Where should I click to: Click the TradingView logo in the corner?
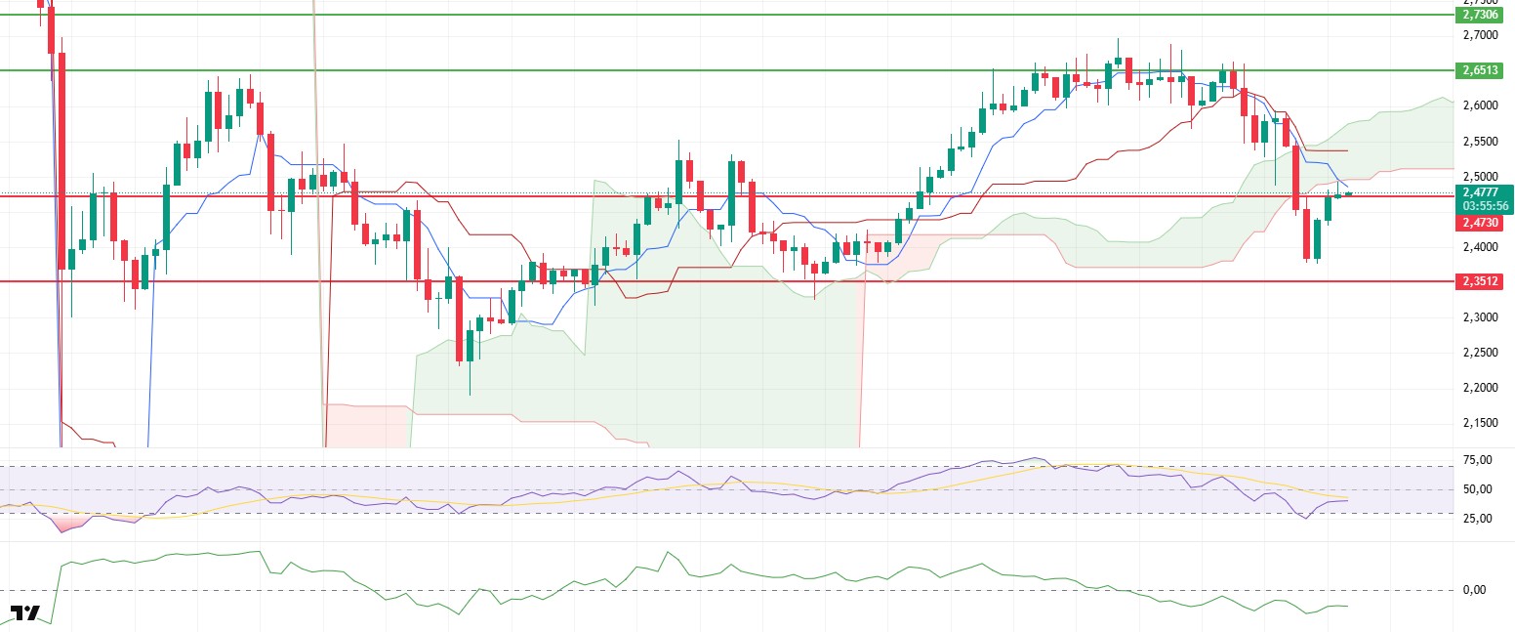click(x=24, y=613)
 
